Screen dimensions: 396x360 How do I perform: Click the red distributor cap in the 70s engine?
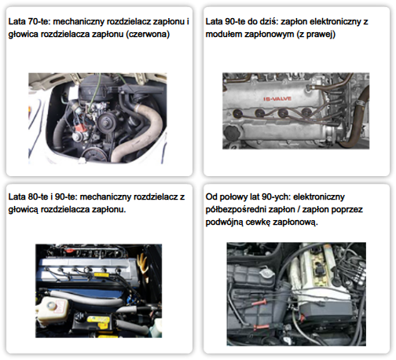click(x=79, y=128)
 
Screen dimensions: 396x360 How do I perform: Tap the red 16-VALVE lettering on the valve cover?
click(x=277, y=99)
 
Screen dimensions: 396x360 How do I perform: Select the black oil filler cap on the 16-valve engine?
click(x=232, y=131)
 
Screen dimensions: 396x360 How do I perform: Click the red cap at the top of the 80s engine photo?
click(x=69, y=250)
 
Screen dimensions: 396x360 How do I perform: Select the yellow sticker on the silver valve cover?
click(x=101, y=274)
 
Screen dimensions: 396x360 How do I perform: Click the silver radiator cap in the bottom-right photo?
click(x=267, y=274)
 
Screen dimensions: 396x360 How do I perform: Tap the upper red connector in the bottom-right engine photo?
click(x=259, y=303)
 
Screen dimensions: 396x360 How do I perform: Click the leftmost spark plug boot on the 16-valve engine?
click(x=237, y=113)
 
